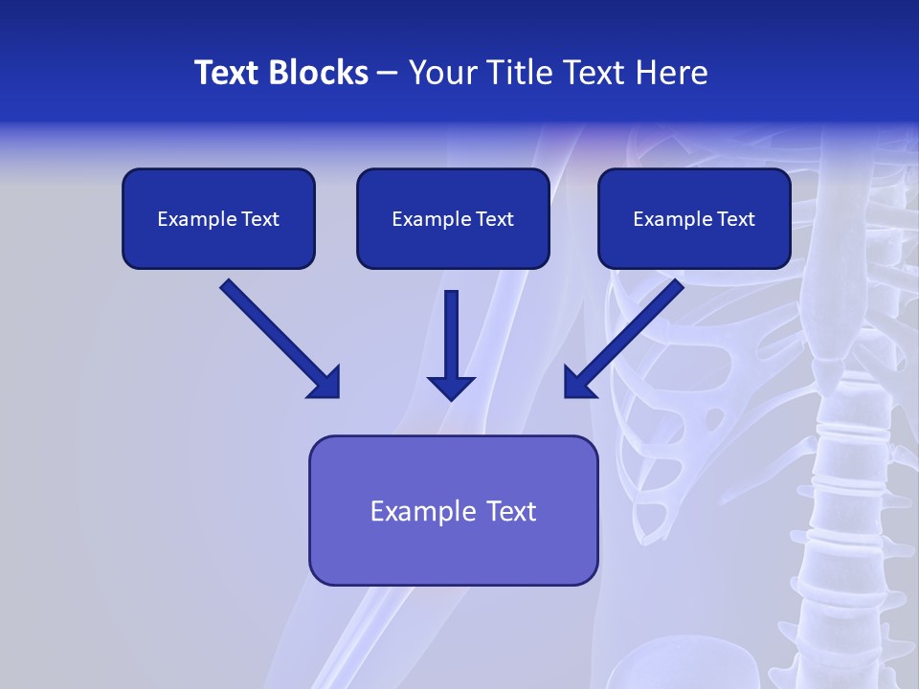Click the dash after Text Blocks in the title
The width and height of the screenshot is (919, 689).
coord(388,74)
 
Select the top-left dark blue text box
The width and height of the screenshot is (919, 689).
coord(218,218)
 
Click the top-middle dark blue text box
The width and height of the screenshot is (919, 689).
coord(453,218)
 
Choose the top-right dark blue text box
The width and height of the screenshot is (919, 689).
coord(694,218)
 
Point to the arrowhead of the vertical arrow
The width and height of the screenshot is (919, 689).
coord(451,388)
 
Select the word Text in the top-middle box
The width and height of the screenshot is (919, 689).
coord(494,219)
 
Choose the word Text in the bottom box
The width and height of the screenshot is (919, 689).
coord(512,511)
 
